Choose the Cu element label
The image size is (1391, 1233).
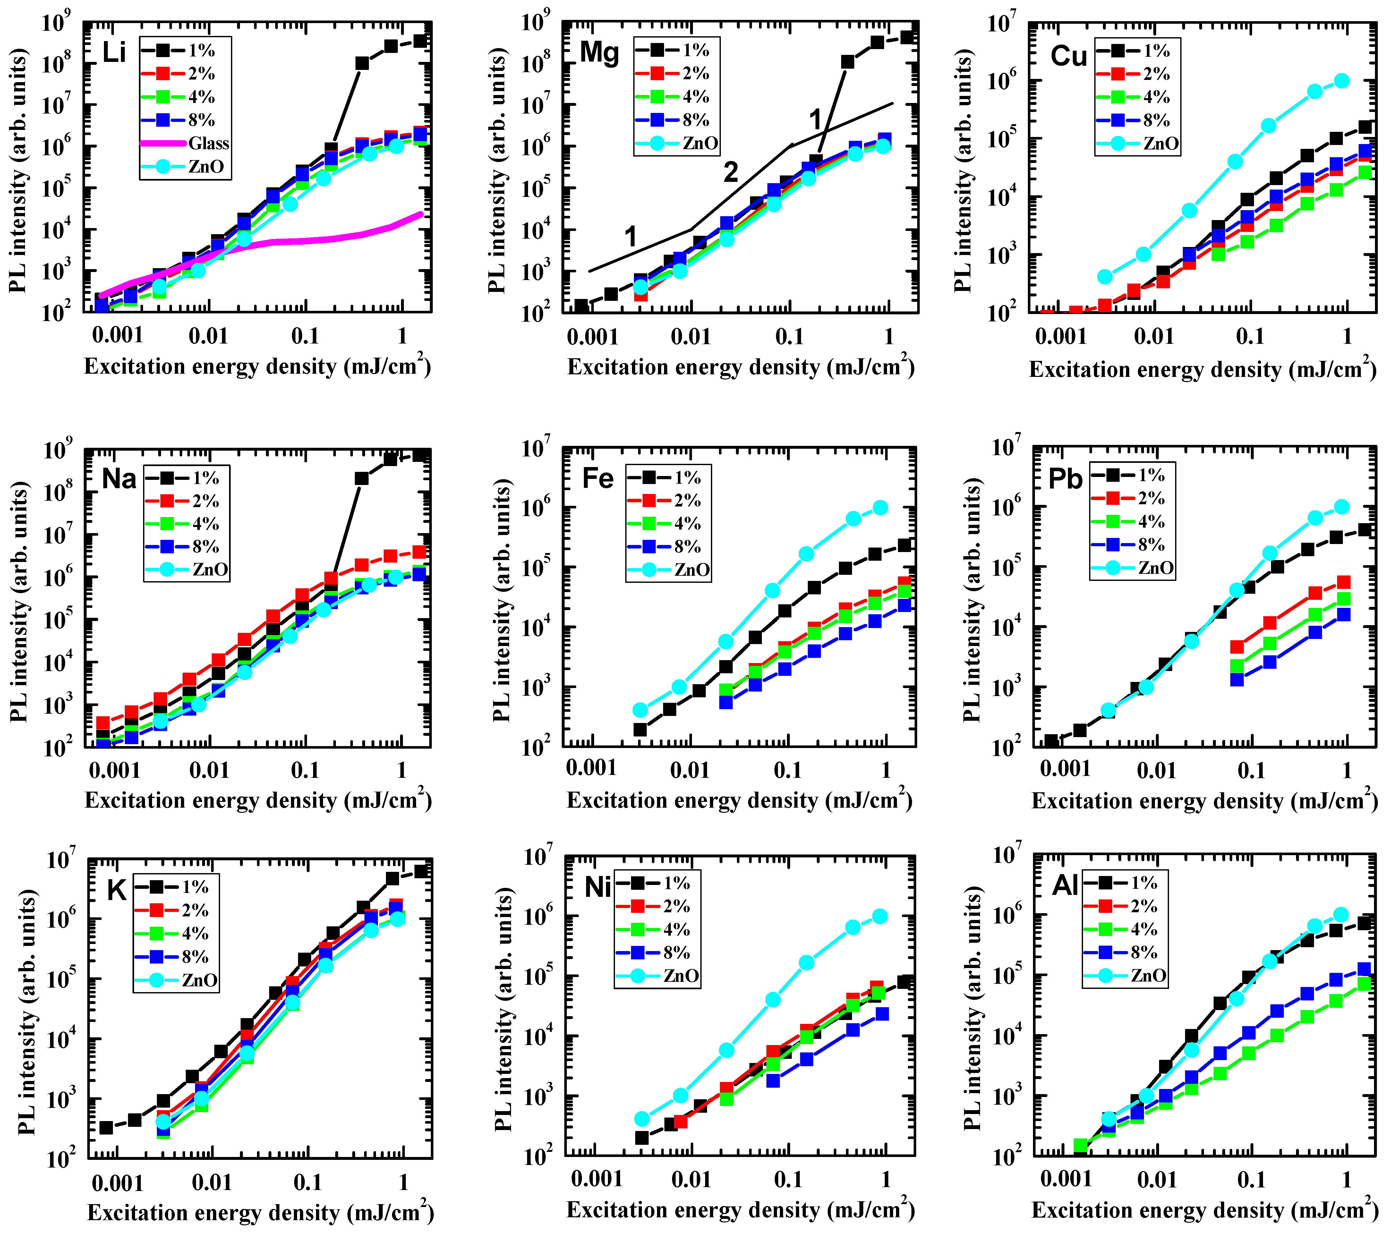pyautogui.click(x=1068, y=56)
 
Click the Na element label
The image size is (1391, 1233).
pyautogui.click(x=119, y=479)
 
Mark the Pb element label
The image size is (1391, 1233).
pyautogui.click(x=1065, y=479)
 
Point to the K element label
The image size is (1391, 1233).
pyautogui.click(x=117, y=890)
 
